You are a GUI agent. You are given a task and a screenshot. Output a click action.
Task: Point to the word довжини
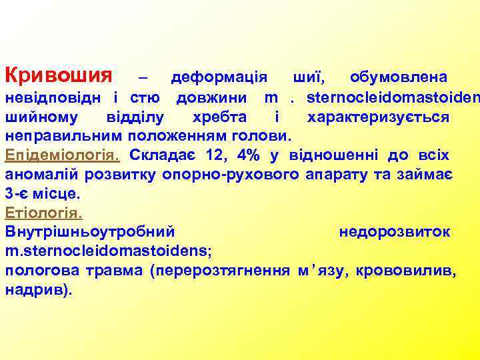[x=214, y=98]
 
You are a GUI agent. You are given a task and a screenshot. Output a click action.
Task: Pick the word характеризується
[x=377, y=117]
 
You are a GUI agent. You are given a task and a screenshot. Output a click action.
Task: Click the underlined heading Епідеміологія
[x=62, y=156]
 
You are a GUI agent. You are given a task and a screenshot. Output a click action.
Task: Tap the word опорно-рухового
[x=225, y=175]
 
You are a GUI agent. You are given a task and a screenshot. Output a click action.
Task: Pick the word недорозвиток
[x=395, y=233]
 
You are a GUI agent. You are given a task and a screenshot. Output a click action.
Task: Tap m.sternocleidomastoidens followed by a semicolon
[x=108, y=252]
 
